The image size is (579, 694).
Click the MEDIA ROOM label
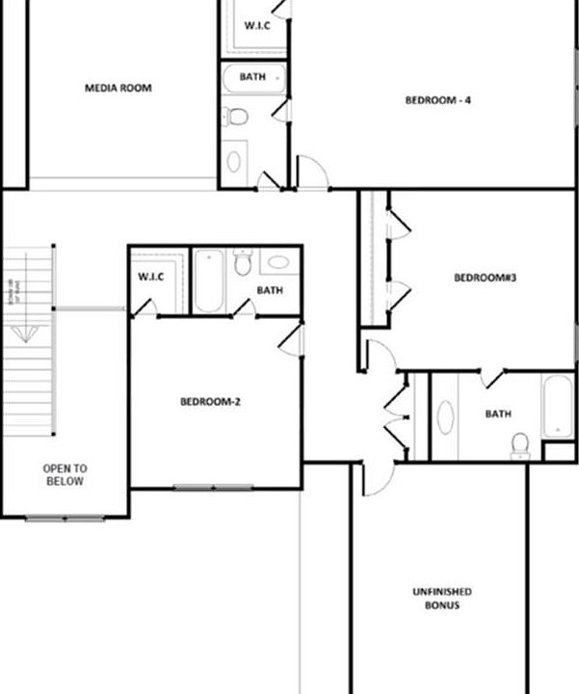118,88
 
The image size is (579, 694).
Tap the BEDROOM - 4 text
437,99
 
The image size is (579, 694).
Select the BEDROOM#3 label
486,279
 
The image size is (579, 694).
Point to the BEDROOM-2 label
210,401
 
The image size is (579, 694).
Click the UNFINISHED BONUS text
441,598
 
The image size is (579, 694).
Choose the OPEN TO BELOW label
65,474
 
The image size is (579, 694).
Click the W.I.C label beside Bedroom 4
257,26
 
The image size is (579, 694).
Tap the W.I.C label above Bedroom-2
151,277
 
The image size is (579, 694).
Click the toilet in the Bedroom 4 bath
237,117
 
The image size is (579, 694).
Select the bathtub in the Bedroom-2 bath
208,281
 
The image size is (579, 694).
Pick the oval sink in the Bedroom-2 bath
276,261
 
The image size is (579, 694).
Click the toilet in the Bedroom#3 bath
520,443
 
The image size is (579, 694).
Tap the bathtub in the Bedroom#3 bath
557,406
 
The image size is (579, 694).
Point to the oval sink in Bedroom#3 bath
446,418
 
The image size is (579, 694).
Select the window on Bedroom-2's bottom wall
213,487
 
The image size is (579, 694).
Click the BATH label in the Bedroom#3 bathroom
498,414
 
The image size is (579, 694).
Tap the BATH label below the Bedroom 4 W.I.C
252,76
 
